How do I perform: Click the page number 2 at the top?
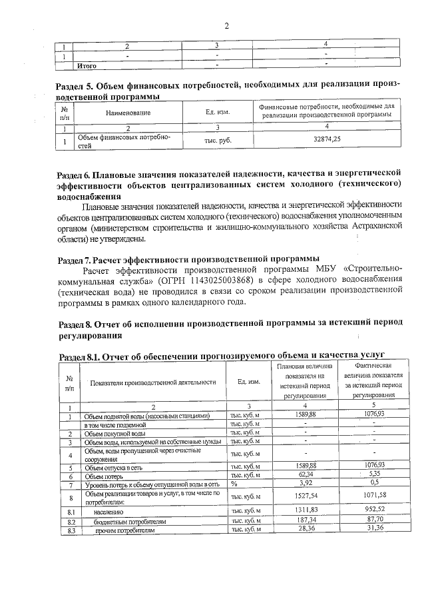[227, 27]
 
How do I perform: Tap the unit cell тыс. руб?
[217, 139]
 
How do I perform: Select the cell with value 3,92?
[306, 482]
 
